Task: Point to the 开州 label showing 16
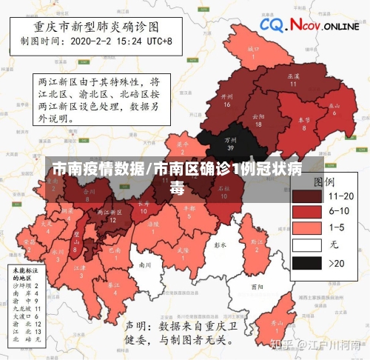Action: coord(226,100)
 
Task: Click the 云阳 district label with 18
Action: coord(258,119)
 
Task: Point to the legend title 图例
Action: coord(323,181)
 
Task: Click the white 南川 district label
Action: coord(145,264)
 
